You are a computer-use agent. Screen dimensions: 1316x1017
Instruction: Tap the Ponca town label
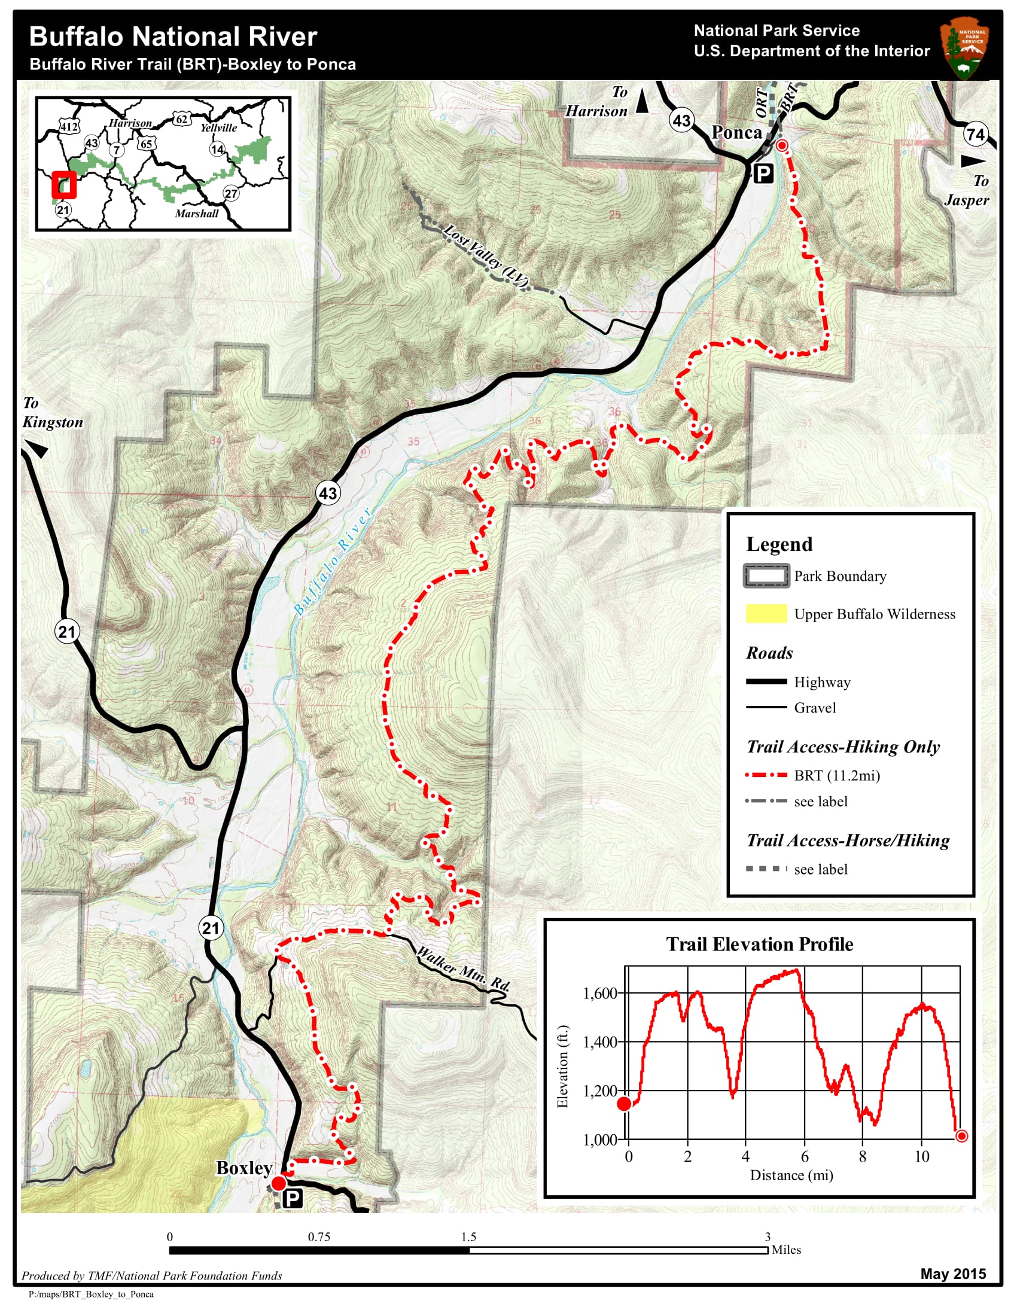[736, 133]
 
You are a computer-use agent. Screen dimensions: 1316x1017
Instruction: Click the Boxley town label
[244, 1168]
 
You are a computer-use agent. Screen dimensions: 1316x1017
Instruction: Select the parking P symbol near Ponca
[763, 174]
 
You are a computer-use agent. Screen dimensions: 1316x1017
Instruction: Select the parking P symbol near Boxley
[292, 1199]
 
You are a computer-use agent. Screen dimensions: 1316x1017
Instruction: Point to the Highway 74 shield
[976, 134]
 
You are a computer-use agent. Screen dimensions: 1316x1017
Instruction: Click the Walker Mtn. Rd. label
[463, 969]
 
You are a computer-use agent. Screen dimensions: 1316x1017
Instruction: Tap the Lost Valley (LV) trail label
[486, 255]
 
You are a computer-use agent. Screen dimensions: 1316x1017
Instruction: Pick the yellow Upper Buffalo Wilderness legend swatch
[766, 613]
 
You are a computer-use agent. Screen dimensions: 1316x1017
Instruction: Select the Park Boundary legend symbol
[766, 576]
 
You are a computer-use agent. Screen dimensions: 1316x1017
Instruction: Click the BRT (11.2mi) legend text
[837, 775]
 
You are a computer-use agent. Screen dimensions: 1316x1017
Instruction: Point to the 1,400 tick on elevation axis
[599, 1042]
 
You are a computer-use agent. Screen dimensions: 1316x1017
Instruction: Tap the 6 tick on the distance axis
[804, 1156]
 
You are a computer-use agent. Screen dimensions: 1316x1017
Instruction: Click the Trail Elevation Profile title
[759, 944]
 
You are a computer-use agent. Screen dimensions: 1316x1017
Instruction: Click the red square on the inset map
[64, 185]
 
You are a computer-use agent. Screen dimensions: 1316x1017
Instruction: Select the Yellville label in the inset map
[218, 128]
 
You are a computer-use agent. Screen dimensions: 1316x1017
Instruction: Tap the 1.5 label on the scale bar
[468, 1236]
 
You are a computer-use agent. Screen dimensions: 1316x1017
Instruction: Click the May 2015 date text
[952, 1273]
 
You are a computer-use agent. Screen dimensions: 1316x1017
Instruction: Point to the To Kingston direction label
[53, 413]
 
